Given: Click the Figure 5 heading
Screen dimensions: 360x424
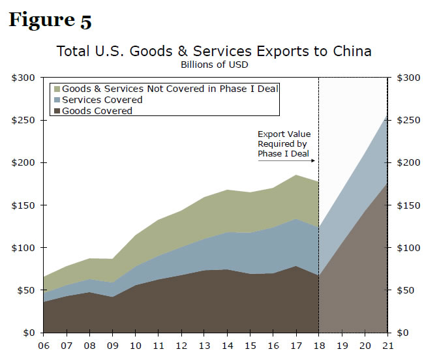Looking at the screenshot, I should [x=50, y=20].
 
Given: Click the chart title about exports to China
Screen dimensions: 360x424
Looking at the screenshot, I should [x=213, y=51].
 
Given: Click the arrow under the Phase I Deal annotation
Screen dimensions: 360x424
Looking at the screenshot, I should [x=287, y=160].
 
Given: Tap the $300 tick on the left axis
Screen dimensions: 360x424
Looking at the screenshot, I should [x=23, y=78].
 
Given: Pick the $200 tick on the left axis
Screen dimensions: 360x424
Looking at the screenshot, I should [x=23, y=162].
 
